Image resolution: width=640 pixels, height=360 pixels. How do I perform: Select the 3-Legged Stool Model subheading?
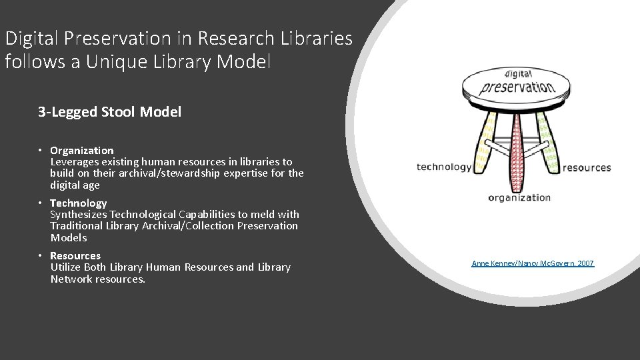tap(109, 112)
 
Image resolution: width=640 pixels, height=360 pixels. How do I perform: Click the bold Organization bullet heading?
tap(82, 150)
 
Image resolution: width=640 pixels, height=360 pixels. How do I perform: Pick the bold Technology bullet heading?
tap(79, 203)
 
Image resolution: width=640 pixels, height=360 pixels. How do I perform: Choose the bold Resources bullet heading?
tap(75, 255)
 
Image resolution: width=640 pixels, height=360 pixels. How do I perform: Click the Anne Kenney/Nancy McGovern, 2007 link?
tap(533, 264)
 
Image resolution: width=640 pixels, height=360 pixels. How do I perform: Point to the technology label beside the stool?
tap(444, 167)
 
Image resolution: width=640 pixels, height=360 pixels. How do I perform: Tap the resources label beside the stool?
tap(587, 167)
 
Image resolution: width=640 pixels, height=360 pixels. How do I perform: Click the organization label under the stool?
tap(519, 197)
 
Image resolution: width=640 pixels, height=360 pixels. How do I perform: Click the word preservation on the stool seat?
tap(517, 87)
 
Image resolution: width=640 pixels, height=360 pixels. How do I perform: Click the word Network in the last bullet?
tap(72, 279)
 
